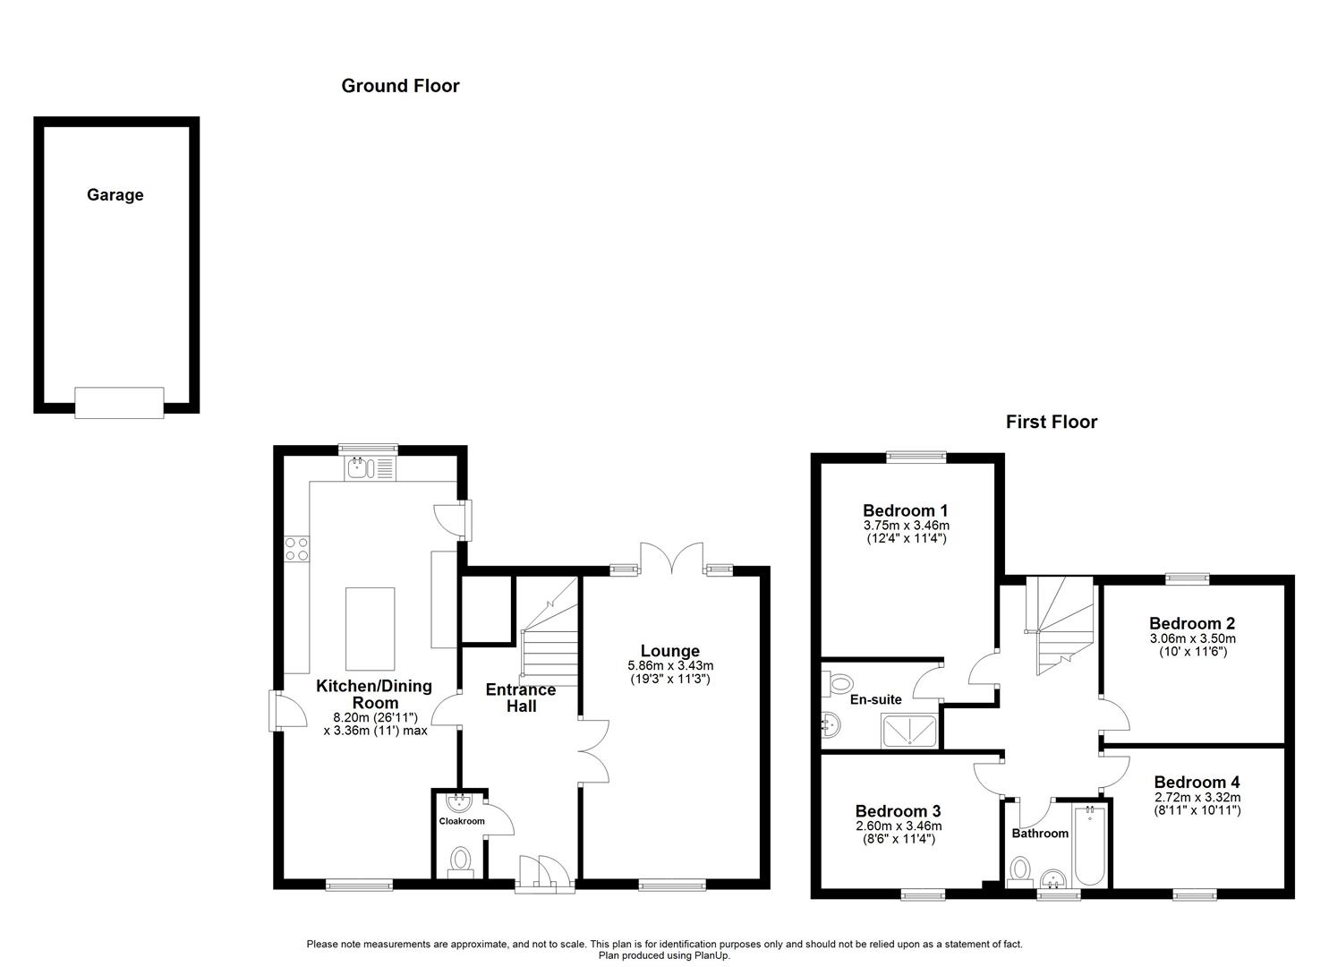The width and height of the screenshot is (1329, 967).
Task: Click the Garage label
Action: (x=115, y=195)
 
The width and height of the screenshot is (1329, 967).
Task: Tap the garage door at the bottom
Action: (x=119, y=402)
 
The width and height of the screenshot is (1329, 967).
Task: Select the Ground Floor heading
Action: (x=400, y=86)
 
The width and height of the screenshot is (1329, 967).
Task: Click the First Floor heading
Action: (x=1051, y=422)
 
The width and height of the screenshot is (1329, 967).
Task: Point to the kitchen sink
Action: (x=359, y=466)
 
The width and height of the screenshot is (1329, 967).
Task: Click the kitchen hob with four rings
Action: (x=296, y=548)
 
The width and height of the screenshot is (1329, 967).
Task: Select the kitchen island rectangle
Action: (x=370, y=629)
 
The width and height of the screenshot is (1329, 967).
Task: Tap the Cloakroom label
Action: (x=461, y=821)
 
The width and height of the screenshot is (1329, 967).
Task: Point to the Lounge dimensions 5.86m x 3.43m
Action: (x=670, y=666)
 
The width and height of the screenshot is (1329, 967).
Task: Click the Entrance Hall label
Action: (x=521, y=697)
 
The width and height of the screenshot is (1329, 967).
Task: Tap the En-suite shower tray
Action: (x=911, y=731)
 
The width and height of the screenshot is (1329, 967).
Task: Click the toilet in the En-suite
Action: (x=839, y=685)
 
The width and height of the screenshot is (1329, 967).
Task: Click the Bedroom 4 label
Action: (x=1197, y=782)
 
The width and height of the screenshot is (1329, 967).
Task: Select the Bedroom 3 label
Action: (x=898, y=811)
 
